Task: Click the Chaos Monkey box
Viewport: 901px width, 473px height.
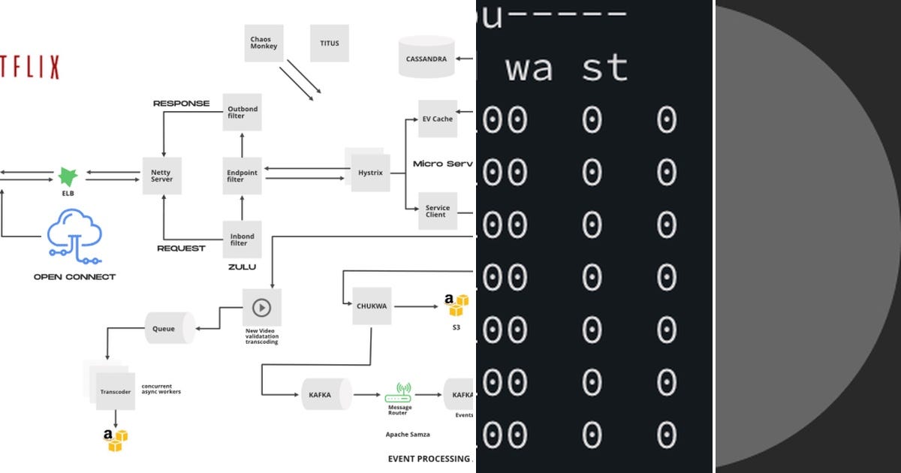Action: (264, 43)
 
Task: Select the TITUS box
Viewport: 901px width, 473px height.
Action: (329, 43)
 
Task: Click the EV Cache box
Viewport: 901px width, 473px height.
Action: (437, 119)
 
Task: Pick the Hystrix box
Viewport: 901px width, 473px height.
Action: (371, 173)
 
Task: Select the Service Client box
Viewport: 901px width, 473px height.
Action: (437, 211)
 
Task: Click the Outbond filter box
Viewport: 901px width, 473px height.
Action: (243, 113)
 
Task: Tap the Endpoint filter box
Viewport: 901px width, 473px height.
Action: (243, 176)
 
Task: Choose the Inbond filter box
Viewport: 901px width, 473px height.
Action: (243, 239)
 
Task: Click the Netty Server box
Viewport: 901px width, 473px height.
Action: (161, 176)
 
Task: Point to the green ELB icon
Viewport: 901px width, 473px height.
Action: (68, 177)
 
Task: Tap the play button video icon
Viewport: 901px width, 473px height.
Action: (261, 307)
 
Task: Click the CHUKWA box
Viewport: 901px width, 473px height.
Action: (372, 306)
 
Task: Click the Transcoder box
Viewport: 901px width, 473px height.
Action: (115, 392)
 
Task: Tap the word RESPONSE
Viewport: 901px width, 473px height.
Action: (181, 103)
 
